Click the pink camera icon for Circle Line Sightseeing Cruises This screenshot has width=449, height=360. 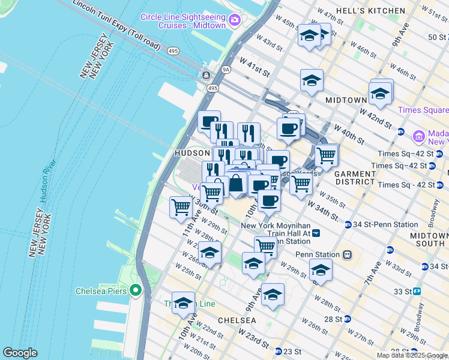(235, 20)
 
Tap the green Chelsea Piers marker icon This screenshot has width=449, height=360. (136, 292)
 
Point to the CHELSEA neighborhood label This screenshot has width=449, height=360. (237, 320)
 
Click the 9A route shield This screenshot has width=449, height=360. (226, 70)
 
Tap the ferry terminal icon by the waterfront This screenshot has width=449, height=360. (206, 76)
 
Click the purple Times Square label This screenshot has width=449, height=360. (423, 110)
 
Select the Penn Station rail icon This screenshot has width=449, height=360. (346, 254)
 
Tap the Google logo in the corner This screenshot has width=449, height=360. (20, 353)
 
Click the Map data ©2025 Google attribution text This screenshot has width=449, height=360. (412, 355)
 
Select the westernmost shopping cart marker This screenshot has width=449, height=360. (181, 208)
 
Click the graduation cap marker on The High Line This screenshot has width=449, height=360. (183, 303)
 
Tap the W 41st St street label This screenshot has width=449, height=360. (254, 66)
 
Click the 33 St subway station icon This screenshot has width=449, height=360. (417, 291)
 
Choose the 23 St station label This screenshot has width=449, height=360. (292, 351)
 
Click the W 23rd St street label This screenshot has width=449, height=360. (253, 337)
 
